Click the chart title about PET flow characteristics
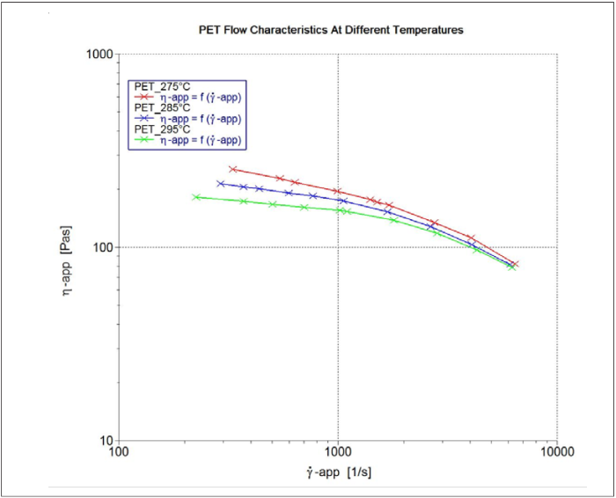(331, 30)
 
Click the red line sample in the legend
(146, 97)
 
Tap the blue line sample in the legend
(146, 118)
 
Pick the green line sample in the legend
(146, 140)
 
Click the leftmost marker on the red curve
(232, 169)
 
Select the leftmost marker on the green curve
(196, 197)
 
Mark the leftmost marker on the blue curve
(221, 183)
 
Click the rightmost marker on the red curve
(516, 264)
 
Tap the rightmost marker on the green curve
(511, 267)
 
